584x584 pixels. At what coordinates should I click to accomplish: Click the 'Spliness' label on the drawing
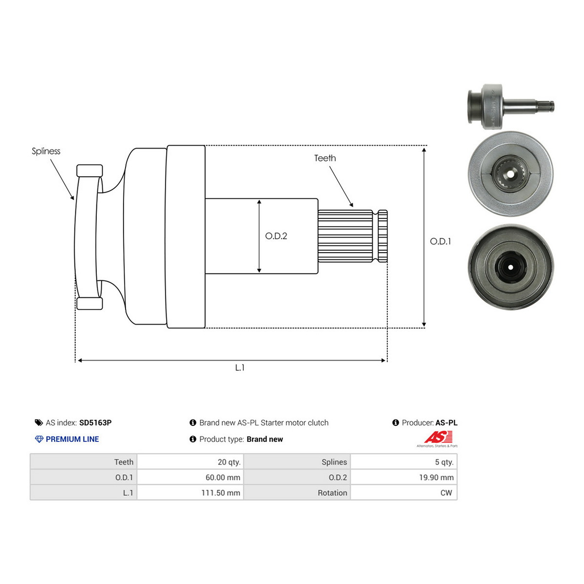[x=46, y=151]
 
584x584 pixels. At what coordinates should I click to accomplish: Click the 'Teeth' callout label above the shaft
[x=325, y=158]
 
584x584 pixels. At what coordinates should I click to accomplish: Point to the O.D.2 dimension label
[x=276, y=236]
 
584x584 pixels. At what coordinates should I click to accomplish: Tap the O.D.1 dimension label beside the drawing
[x=440, y=241]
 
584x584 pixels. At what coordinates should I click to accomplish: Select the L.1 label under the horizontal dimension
[x=240, y=367]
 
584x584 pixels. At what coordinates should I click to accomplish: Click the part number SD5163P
[x=95, y=422]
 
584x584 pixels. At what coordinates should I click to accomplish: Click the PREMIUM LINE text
[x=72, y=439]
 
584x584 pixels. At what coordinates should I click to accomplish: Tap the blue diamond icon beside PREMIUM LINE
[x=39, y=439]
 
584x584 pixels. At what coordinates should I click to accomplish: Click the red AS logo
[x=438, y=438]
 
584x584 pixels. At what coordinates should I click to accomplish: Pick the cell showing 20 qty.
[x=190, y=462]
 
